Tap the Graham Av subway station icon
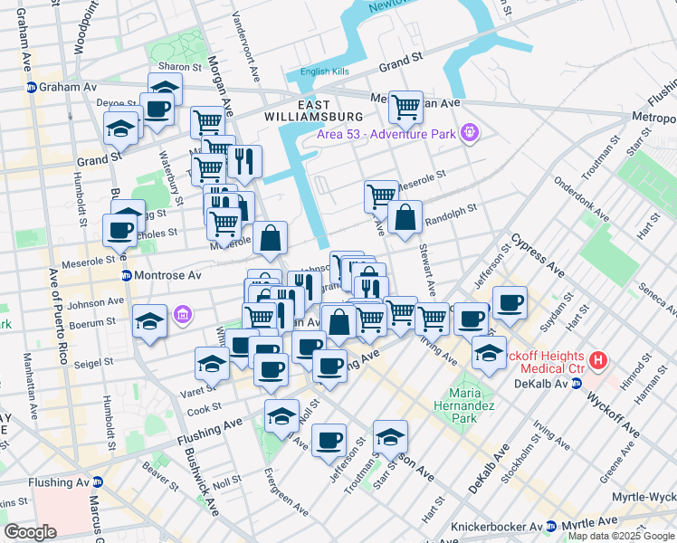point(31,87)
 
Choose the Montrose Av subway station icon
point(127,274)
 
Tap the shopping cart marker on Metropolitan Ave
point(405,106)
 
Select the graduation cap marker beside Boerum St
point(149,321)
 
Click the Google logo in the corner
point(31,532)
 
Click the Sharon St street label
point(179,67)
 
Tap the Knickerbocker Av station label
point(497,526)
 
